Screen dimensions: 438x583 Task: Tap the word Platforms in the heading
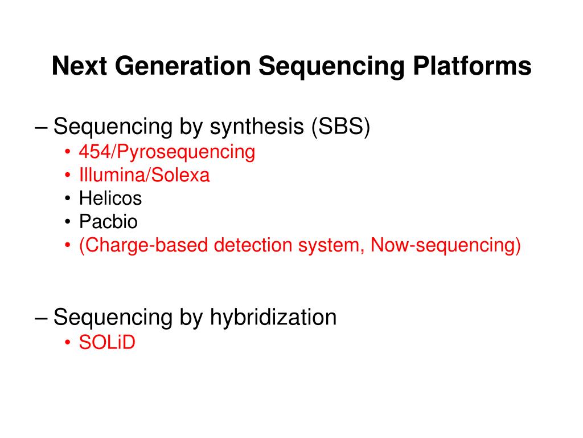click(x=472, y=66)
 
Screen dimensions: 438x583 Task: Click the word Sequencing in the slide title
click(x=331, y=66)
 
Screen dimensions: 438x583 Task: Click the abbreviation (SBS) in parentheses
click(x=340, y=127)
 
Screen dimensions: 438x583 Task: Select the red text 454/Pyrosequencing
click(x=167, y=152)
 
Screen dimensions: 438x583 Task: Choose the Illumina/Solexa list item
click(x=144, y=176)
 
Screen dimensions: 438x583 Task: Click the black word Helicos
click(x=110, y=198)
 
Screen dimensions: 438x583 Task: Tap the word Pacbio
click(x=108, y=222)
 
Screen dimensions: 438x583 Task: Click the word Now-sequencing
click(x=445, y=245)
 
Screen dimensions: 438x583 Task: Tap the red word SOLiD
click(x=107, y=343)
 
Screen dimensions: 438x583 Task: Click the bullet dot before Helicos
click(x=68, y=199)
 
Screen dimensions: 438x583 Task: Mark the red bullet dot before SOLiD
click(x=68, y=343)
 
